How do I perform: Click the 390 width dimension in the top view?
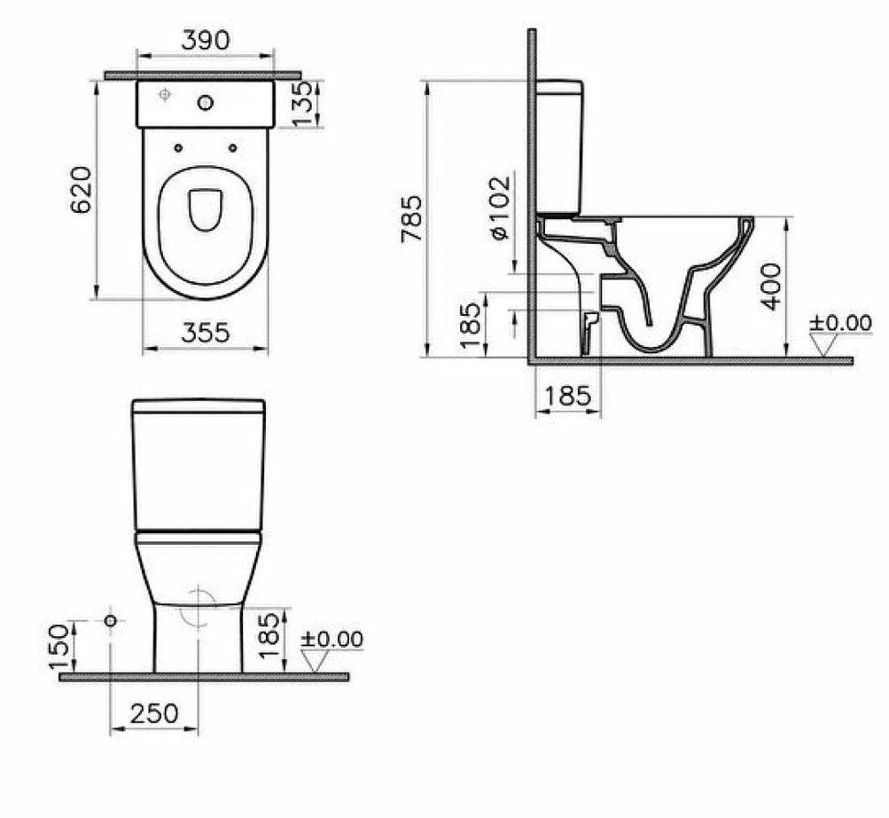[x=205, y=40]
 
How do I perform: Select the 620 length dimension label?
[x=82, y=189]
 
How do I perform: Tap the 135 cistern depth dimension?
[x=303, y=104]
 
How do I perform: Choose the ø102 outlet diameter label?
[x=499, y=207]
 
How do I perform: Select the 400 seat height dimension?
[x=773, y=286]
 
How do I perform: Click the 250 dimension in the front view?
[x=154, y=712]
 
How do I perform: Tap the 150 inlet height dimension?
[x=58, y=646]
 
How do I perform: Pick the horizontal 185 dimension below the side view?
[x=567, y=396]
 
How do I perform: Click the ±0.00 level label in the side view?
[x=839, y=324]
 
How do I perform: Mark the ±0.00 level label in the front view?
[x=331, y=639]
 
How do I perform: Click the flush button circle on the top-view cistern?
[x=206, y=104]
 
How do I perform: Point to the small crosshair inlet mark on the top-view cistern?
[x=164, y=94]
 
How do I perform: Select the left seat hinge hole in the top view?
[x=178, y=147]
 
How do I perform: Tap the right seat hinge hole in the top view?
[x=232, y=147]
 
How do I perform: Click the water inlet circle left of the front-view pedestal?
[x=110, y=621]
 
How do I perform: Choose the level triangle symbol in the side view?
[x=823, y=345]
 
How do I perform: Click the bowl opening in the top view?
[x=206, y=209]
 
